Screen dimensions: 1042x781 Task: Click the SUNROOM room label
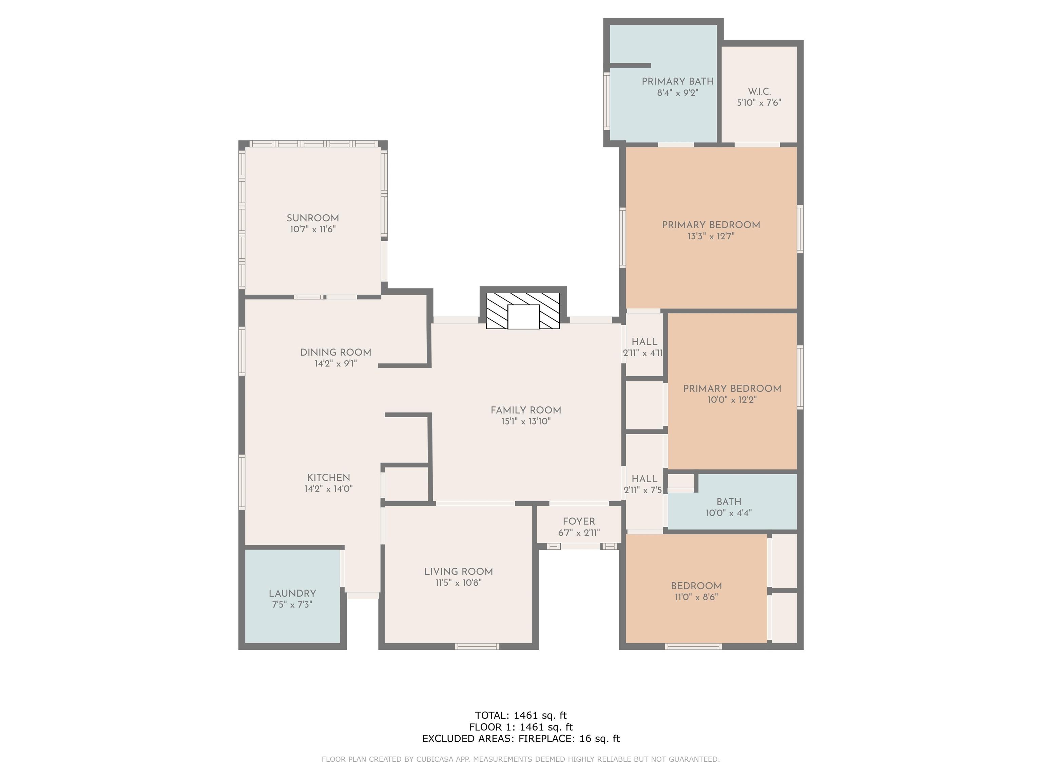(x=313, y=218)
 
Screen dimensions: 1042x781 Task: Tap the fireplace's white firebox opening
(x=523, y=317)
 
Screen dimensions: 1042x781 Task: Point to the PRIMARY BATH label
(x=677, y=81)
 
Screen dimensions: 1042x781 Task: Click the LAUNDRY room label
(x=292, y=594)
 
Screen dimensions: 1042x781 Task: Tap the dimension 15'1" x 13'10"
(x=526, y=421)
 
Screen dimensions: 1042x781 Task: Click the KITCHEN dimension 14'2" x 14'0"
(x=328, y=489)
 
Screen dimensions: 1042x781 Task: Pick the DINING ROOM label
(x=336, y=352)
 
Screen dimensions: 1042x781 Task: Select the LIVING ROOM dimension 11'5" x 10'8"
(x=458, y=583)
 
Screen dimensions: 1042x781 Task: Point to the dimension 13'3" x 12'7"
(x=711, y=236)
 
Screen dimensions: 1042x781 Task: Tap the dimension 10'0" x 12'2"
(x=732, y=400)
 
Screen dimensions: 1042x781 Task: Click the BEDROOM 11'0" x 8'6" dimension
(x=696, y=597)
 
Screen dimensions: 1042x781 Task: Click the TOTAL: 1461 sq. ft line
(x=521, y=716)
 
